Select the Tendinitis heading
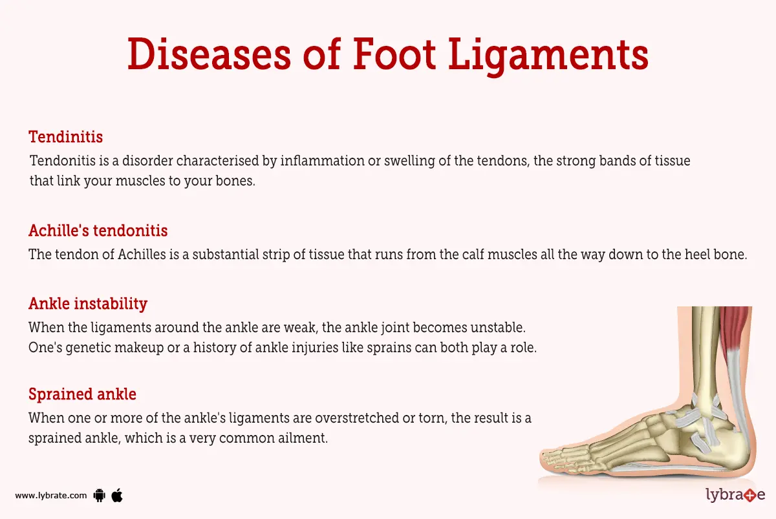pyautogui.click(x=66, y=137)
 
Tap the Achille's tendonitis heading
pyautogui.click(x=98, y=231)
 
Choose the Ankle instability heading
pyautogui.click(x=88, y=303)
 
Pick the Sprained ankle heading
pyautogui.click(x=82, y=394)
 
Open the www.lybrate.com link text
pyautogui.click(x=50, y=496)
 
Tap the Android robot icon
pyautogui.click(x=100, y=496)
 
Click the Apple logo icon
pyautogui.click(x=117, y=495)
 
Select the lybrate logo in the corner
pyautogui.click(x=735, y=495)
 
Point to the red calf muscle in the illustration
pyautogui.click(x=736, y=330)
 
